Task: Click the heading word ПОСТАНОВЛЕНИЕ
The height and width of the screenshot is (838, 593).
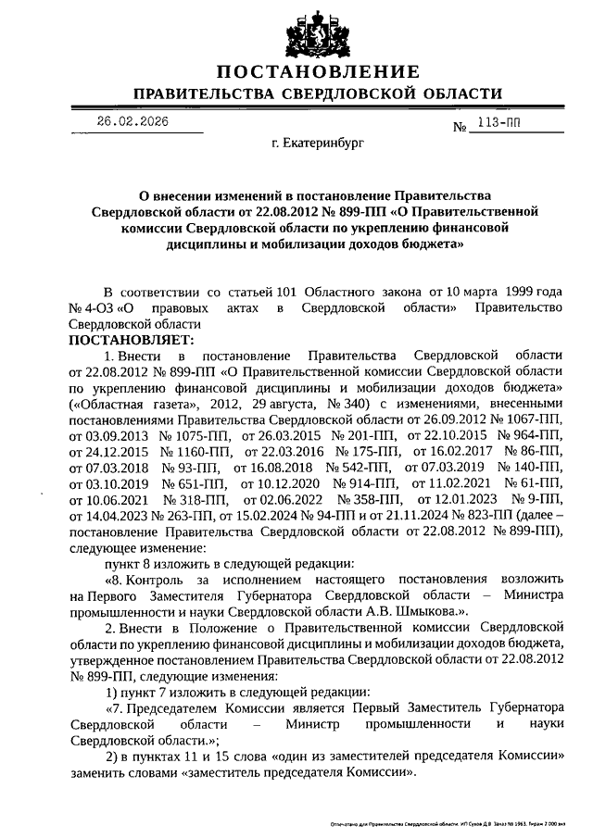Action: [x=318, y=72]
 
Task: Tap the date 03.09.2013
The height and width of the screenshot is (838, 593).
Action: [x=101, y=435]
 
